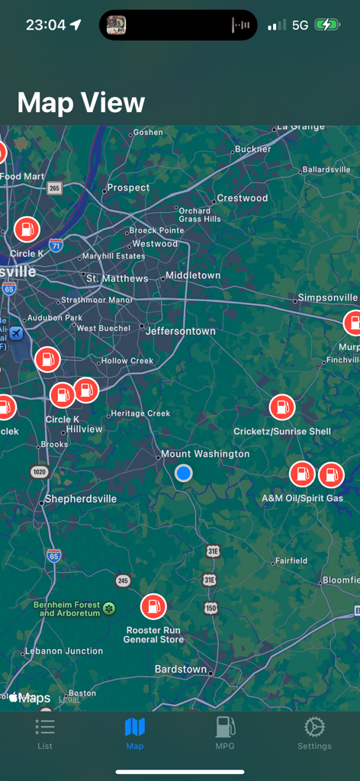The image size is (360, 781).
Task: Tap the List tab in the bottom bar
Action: pos(45,733)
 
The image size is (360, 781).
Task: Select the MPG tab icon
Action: pos(225,733)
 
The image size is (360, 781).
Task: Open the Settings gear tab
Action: pos(314,733)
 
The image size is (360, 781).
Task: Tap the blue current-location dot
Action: pos(183,474)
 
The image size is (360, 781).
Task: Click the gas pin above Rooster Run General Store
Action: pos(153,607)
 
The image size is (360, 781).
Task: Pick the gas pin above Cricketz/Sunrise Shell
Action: pos(282,407)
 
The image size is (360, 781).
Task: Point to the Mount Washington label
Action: pos(205,454)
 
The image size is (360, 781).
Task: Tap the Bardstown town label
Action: pos(181,669)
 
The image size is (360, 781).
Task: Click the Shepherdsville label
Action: pos(81,499)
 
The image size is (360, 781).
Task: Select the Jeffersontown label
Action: pos(181,331)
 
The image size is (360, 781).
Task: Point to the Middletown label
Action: pos(193,275)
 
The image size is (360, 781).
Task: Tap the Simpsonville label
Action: pos(327,297)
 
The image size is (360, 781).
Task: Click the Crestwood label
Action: pos(243,198)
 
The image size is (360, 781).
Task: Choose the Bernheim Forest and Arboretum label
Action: pos(67,609)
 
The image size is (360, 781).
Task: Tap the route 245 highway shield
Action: pos(123,581)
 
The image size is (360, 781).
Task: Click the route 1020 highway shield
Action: pos(40,472)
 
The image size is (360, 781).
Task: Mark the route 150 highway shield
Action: pos(211,608)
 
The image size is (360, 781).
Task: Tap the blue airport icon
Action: pos(16,334)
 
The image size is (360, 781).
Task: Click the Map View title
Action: pos(81,102)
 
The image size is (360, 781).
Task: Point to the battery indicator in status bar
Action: pos(329,24)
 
